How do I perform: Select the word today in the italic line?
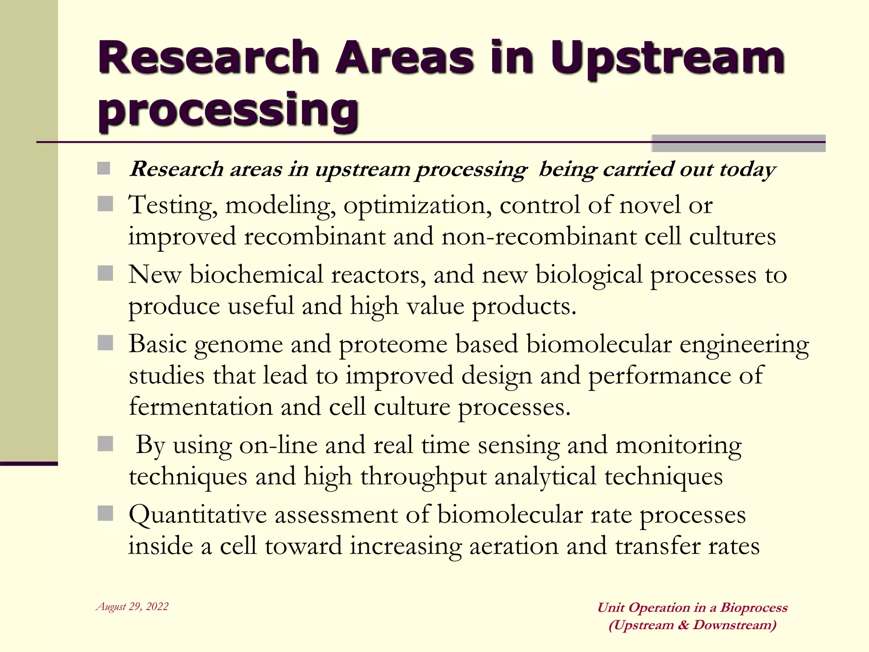pyautogui.click(x=748, y=170)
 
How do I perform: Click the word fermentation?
pyautogui.click(x=201, y=407)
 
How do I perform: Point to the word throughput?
pyautogui.click(x=423, y=477)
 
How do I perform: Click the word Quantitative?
pyautogui.click(x=198, y=515)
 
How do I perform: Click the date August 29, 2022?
pyautogui.click(x=132, y=607)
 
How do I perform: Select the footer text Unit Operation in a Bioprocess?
pyautogui.click(x=692, y=607)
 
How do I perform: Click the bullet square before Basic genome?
pyautogui.click(x=105, y=343)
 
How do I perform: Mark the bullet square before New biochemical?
pyautogui.click(x=105, y=274)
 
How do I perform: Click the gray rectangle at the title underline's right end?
pyautogui.click(x=738, y=143)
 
